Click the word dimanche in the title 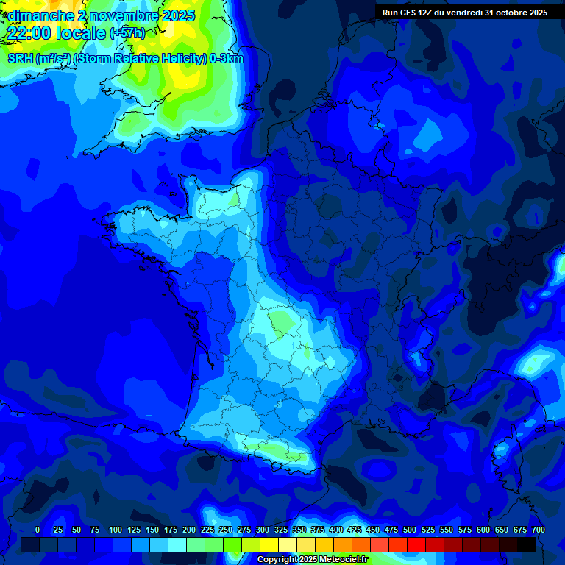pos(41,15)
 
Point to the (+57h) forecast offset pos(127,33)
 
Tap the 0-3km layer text pos(227,59)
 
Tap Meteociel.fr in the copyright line pos(341,560)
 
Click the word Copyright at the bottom pos(277,560)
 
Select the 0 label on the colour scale pos(38,530)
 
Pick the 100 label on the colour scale pos(116,530)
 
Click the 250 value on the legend pos(226,530)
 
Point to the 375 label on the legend pos(318,530)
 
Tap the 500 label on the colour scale pos(410,530)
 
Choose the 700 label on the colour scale pos(539,530)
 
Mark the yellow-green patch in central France pos(280,321)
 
